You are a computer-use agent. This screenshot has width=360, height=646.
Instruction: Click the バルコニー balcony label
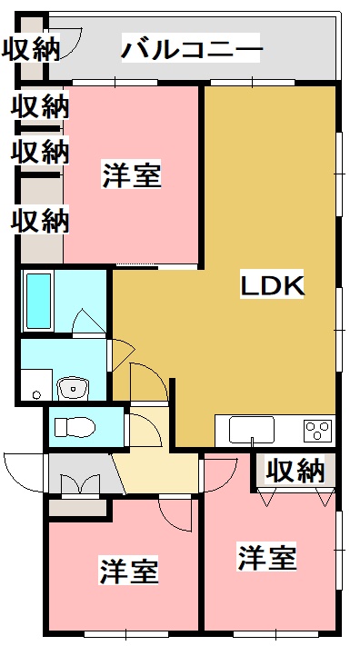pyautogui.click(x=192, y=48)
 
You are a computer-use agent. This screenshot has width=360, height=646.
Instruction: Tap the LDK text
pyautogui.click(x=271, y=285)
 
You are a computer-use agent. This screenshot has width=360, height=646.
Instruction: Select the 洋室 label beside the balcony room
pyautogui.click(x=132, y=174)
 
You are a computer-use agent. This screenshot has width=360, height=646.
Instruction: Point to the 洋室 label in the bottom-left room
pyautogui.click(x=129, y=571)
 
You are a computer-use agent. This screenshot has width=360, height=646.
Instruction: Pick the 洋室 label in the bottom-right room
pyautogui.click(x=267, y=557)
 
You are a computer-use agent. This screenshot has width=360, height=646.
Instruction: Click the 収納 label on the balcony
pyautogui.click(x=30, y=49)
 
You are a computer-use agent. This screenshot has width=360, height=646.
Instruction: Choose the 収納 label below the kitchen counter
pyautogui.click(x=295, y=471)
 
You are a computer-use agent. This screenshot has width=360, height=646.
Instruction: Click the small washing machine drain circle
pyautogui.click(x=36, y=395)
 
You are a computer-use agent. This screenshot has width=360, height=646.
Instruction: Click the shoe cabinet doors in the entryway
pyautogui.click(x=80, y=484)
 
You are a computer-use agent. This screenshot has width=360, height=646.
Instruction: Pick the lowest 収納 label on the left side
pyautogui.click(x=41, y=219)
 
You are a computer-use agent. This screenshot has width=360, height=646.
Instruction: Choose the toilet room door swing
pyautogui.click(x=142, y=430)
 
